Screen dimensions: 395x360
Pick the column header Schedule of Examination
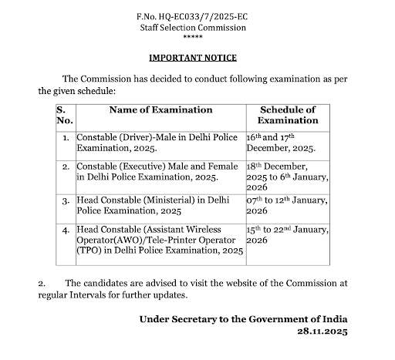(x=287, y=115)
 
